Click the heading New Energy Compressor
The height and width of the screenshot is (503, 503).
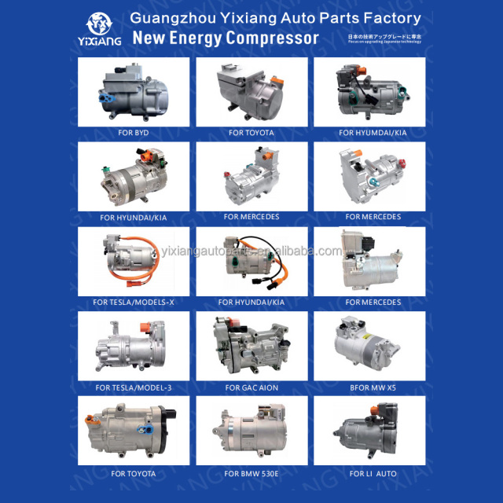226,38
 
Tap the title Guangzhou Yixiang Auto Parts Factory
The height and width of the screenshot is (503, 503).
275,17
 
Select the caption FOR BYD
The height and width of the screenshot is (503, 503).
134,133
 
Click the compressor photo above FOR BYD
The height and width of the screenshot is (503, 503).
134,91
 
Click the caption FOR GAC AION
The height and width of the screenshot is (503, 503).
251,387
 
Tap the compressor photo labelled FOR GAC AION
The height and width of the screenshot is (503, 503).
251,347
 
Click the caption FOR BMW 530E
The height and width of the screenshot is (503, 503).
251,474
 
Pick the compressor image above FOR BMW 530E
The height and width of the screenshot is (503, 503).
251,432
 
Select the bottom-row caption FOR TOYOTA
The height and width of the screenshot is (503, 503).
134,474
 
